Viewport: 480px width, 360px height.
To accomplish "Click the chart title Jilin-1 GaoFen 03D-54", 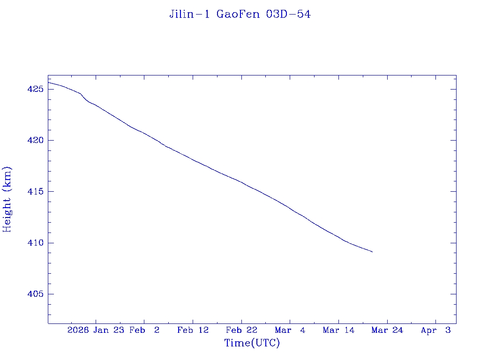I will point(240,15).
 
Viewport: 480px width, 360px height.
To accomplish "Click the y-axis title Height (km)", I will point(7,199).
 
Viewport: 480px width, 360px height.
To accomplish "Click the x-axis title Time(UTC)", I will point(252,343).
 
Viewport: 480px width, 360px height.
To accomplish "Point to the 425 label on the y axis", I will point(36,89).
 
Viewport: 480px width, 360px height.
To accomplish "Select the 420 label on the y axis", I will point(36,140).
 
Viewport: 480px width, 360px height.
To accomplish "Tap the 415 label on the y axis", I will point(36,192).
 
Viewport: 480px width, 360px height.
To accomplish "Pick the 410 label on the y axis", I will point(36,243).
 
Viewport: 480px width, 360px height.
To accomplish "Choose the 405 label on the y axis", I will point(36,294).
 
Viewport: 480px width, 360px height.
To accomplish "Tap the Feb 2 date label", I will point(144,330).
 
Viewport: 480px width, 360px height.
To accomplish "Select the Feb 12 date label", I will point(193,330).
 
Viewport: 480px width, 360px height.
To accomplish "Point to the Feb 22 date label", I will point(241,330).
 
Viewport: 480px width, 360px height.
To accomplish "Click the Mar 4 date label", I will point(290,330).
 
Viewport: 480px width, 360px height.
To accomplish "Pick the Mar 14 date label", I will point(338,330).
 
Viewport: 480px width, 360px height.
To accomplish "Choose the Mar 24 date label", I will point(387,330).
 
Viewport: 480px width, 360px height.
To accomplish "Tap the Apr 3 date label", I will point(435,330).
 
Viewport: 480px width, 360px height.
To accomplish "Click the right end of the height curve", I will point(372,252).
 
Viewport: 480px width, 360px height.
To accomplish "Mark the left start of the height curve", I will point(49,82).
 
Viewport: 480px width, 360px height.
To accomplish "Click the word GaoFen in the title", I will point(238,15).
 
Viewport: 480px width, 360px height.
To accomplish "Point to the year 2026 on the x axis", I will point(78,330).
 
